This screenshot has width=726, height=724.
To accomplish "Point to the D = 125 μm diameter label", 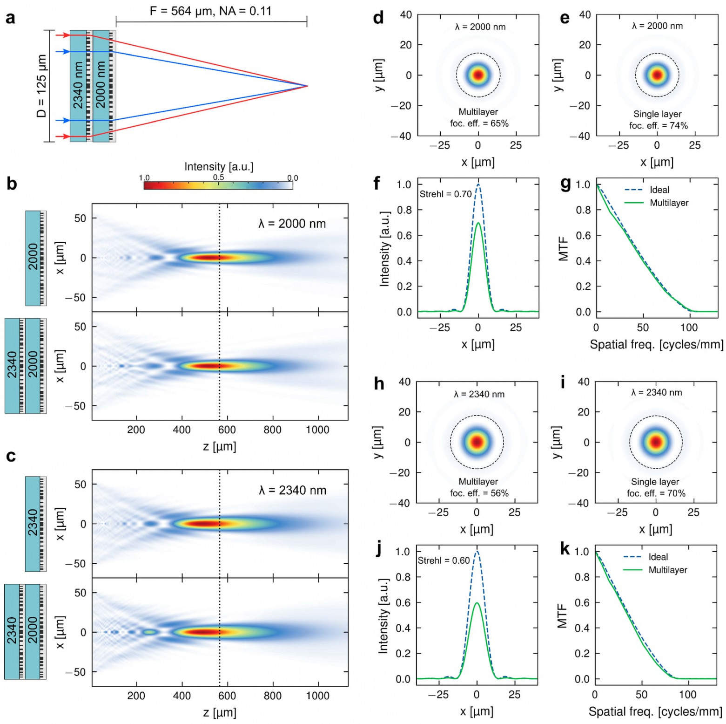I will click(41, 86).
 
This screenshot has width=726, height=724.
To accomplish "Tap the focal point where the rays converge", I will click(307, 86).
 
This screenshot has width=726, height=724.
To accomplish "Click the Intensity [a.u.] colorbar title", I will click(219, 166).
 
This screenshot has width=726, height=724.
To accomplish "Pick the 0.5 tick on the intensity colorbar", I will click(219, 178).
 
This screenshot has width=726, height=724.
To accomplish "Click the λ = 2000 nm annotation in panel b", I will click(292, 224).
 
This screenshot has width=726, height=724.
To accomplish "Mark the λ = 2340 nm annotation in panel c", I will click(292, 490).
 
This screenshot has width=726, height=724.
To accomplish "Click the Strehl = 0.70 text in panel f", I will click(445, 194).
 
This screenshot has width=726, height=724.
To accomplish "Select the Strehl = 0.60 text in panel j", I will click(444, 560).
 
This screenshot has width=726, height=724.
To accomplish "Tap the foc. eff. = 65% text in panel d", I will click(479, 123).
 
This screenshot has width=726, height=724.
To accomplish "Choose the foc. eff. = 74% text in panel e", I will click(658, 125).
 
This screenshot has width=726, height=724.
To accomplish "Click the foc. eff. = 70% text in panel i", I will click(656, 493).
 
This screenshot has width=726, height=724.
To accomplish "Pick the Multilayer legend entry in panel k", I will click(667, 570).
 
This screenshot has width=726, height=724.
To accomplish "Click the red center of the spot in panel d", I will click(478, 75).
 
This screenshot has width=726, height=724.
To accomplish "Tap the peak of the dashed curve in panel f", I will click(478, 185).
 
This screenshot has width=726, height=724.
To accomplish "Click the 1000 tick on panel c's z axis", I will click(317, 696).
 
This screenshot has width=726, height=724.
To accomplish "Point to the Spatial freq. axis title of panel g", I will click(656, 344).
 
